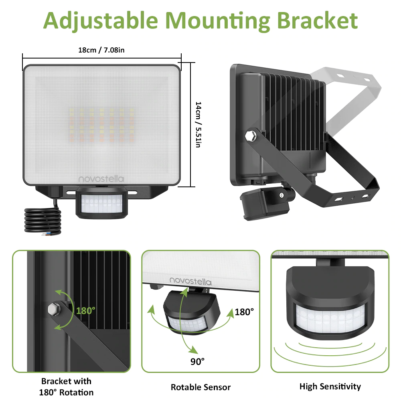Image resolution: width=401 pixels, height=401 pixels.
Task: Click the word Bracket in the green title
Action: coord(317,20)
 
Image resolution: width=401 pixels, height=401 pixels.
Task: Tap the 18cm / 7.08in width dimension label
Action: coord(101,50)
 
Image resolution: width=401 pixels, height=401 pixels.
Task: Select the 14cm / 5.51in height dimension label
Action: coord(198,125)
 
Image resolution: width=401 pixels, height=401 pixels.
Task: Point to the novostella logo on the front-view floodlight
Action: coord(101,179)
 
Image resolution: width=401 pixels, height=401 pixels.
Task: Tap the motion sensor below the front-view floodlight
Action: coord(102,203)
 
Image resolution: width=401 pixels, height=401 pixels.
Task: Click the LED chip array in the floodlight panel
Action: coord(101,125)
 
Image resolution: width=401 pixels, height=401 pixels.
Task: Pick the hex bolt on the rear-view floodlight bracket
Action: coord(251,136)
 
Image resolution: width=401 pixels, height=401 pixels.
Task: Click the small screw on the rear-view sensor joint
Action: coord(282,195)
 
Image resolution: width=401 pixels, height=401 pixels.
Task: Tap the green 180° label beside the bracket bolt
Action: coord(86,311)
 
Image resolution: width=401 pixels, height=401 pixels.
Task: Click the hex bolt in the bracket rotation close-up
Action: coord(54,309)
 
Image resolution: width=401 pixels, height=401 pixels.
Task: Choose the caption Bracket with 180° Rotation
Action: coord(66,387)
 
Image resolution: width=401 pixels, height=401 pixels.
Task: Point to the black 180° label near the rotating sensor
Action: coord(244,312)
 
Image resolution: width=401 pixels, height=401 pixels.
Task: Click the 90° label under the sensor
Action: coord(197,361)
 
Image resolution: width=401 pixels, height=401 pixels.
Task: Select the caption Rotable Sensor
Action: coord(201,387)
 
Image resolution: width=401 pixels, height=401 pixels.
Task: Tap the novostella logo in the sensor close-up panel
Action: coord(190,281)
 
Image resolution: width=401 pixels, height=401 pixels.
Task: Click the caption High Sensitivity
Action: coord(330,387)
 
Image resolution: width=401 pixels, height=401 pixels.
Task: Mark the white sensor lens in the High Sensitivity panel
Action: coord(330,319)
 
